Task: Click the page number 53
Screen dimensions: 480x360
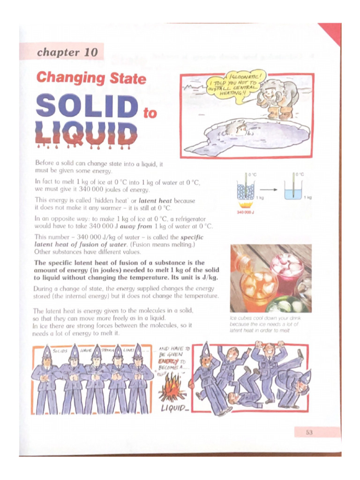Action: tap(309, 432)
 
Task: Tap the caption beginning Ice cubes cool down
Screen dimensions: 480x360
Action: tap(265, 324)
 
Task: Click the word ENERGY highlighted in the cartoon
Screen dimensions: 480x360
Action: tap(168, 361)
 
